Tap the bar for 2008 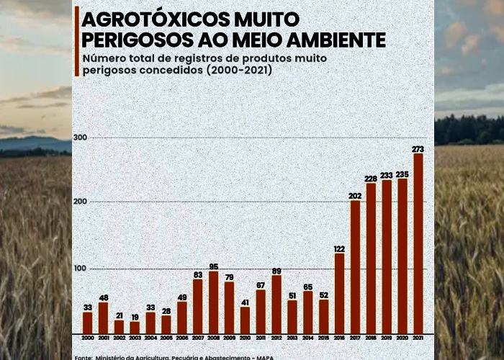(213, 302)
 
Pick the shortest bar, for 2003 (135, 327)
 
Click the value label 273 (418, 149)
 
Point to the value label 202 (355, 196)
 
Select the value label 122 (339, 249)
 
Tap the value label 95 (213, 266)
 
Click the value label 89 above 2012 (276, 271)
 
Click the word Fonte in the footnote (83, 357)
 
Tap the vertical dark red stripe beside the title (76, 42)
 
